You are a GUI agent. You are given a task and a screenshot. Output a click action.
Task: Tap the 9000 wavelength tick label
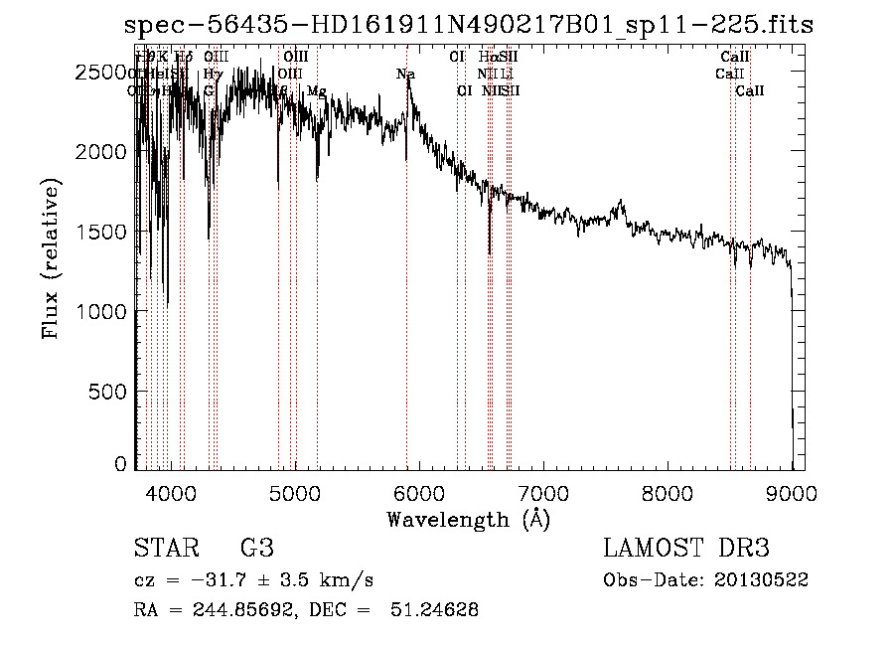pyautogui.click(x=792, y=491)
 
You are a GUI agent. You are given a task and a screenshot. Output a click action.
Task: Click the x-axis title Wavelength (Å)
pyautogui.click(x=468, y=519)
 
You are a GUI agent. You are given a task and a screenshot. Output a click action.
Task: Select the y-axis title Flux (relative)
pyautogui.click(x=50, y=259)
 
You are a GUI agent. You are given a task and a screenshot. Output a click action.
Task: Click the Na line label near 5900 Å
pyautogui.click(x=405, y=75)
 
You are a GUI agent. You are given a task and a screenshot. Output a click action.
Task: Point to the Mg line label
pyautogui.click(x=316, y=91)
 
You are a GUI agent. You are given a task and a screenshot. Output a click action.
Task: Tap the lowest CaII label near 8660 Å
pyautogui.click(x=750, y=91)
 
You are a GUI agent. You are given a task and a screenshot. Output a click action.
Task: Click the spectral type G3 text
pyautogui.click(x=256, y=549)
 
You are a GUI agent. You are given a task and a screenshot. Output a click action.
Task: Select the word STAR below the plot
pyautogui.click(x=164, y=549)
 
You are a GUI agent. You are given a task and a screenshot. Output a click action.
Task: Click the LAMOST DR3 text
pyautogui.click(x=686, y=549)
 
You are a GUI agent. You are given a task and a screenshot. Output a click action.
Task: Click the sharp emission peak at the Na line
pyautogui.click(x=408, y=80)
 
